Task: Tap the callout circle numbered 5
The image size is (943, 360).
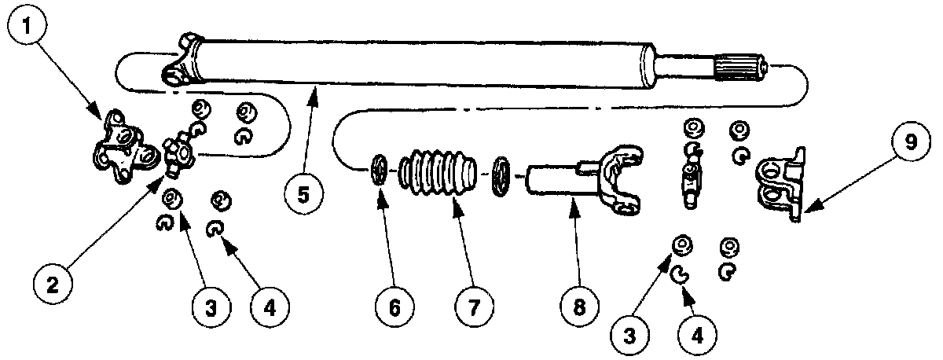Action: [303, 193]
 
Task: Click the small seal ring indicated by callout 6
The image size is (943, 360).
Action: [379, 171]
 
